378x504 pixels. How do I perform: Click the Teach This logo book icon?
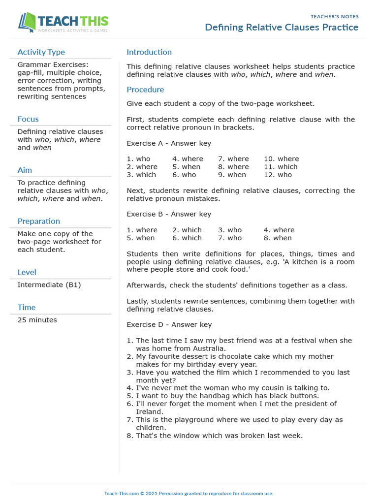click(27, 22)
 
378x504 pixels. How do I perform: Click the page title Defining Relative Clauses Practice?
click(282, 27)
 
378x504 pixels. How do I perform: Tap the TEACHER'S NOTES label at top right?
click(334, 17)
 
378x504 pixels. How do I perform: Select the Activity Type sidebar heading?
click(41, 52)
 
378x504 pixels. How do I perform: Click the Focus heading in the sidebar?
click(28, 119)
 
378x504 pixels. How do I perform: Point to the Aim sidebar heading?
click(25, 170)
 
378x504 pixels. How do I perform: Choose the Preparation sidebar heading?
click(39, 221)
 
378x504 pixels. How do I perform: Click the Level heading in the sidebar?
click(27, 272)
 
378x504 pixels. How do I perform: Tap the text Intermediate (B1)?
click(49, 285)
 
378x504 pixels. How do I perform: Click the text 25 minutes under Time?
click(37, 320)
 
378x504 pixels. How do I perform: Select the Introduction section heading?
click(149, 52)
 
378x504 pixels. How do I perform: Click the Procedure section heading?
click(145, 90)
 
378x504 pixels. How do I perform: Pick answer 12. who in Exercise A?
click(278, 175)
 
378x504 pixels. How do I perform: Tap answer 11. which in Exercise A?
click(281, 167)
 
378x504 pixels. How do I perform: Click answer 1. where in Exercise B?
click(142, 230)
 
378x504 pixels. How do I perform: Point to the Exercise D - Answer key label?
click(169, 324)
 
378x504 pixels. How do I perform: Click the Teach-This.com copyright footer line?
click(189, 493)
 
